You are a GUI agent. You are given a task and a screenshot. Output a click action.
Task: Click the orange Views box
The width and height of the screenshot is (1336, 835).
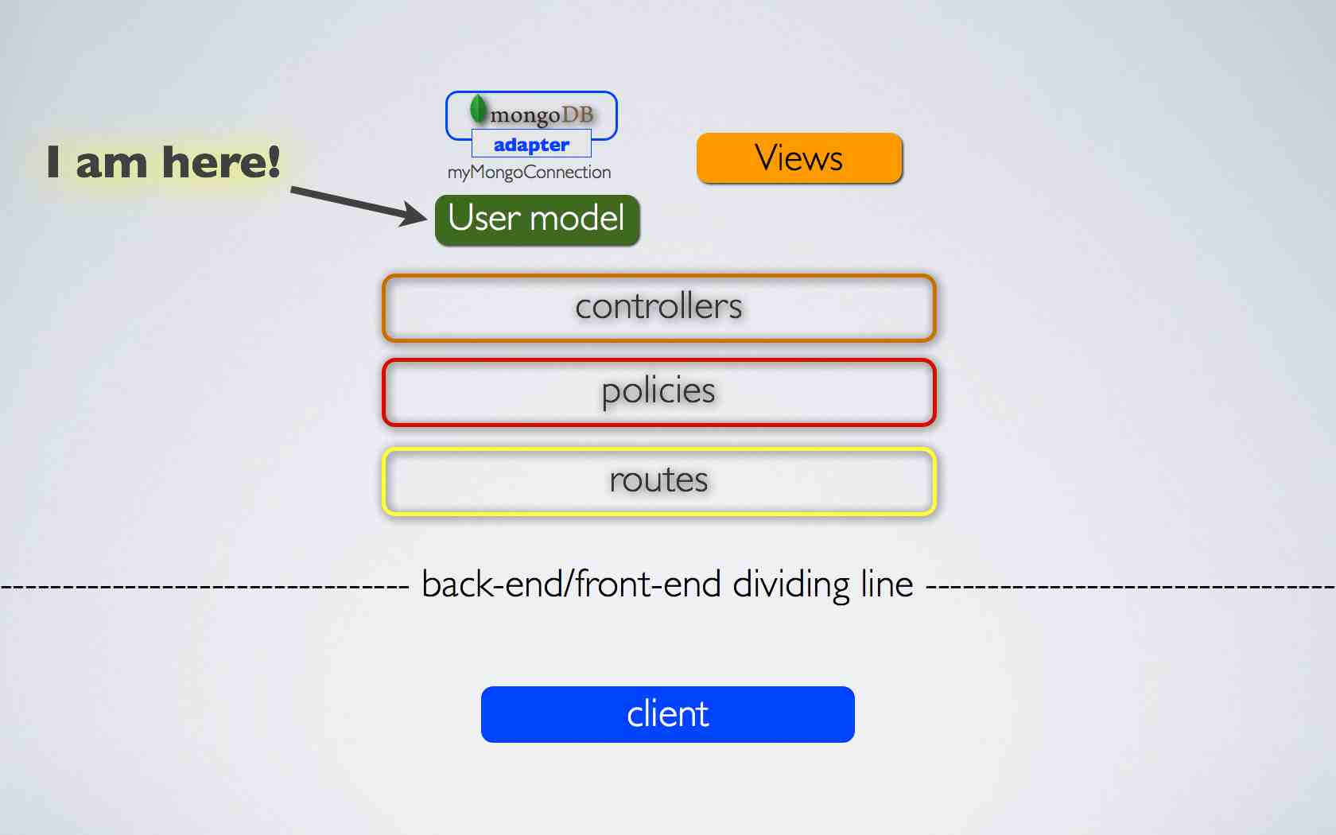coord(799,158)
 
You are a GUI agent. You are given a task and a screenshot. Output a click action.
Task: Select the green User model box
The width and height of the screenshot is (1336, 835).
coord(537,219)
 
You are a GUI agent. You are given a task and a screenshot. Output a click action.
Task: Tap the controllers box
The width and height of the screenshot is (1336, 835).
coord(658,308)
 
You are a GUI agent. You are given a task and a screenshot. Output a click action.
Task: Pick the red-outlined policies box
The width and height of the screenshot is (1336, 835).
coord(658,392)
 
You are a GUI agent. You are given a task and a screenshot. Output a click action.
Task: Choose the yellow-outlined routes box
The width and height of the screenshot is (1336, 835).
coord(658,481)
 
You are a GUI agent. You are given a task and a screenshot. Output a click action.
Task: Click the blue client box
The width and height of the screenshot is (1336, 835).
coord(667,714)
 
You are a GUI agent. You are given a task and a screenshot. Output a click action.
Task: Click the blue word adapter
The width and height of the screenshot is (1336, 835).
coord(531,145)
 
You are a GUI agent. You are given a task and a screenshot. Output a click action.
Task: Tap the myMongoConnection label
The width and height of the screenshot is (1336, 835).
coord(529,173)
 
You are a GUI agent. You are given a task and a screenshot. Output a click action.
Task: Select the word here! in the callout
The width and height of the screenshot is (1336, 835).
coord(221,162)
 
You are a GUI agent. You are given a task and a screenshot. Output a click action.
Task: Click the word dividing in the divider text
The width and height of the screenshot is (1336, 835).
coord(790,584)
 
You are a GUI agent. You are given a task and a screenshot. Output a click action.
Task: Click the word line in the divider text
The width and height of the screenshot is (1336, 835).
coord(887,584)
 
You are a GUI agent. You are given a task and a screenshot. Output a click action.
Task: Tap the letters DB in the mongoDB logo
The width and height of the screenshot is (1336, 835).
coord(577,115)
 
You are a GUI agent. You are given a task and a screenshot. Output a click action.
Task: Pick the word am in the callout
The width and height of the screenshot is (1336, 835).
coord(111,164)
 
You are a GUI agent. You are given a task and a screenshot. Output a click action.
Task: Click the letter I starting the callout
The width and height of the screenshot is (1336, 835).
coord(53,162)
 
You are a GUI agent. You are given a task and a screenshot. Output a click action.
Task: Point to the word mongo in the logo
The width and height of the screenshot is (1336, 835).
coord(525,116)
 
